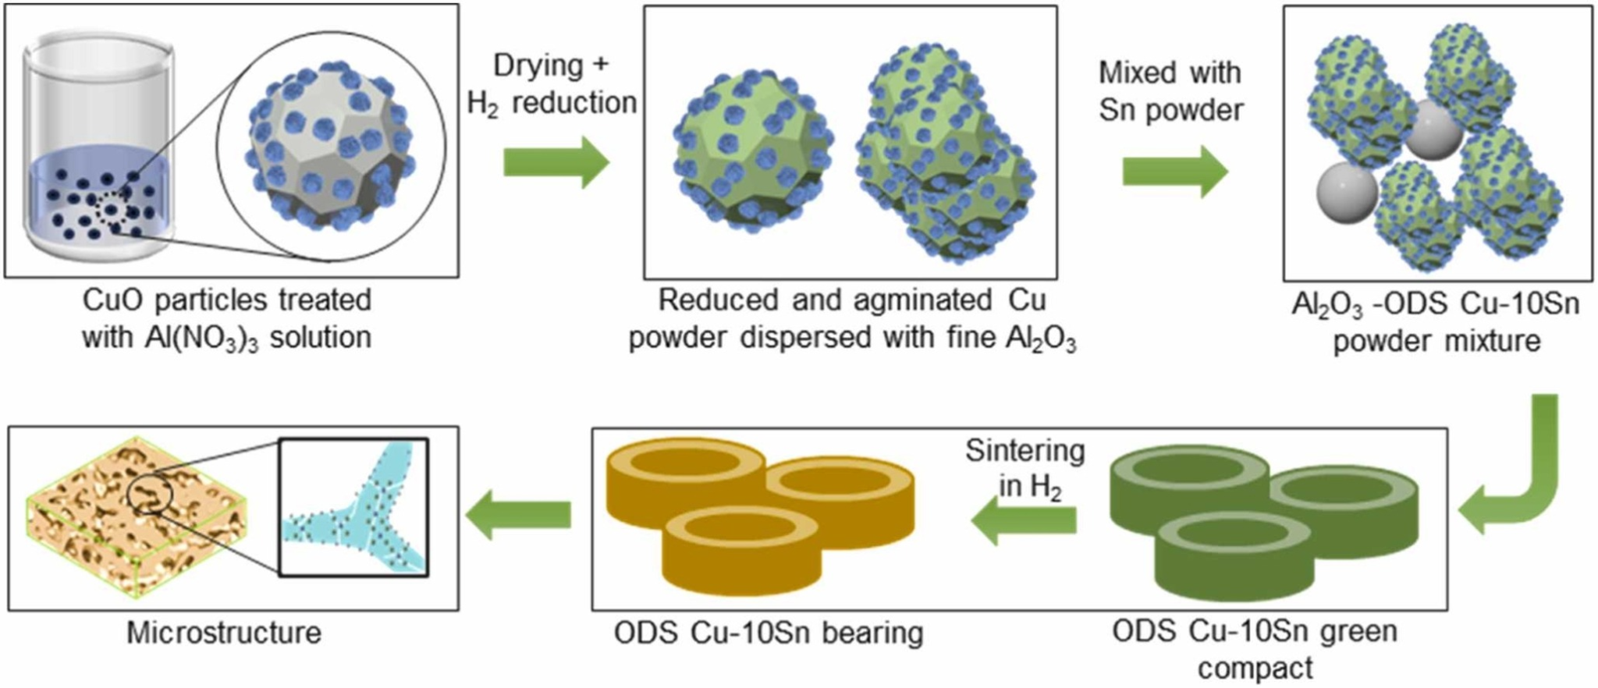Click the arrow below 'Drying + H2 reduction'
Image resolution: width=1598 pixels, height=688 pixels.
click(556, 163)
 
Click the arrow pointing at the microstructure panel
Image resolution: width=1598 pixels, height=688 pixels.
click(518, 514)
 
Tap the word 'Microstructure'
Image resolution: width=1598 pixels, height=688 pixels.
click(224, 633)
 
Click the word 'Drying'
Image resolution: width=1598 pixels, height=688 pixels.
click(538, 65)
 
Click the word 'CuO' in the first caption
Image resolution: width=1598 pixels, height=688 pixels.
click(110, 300)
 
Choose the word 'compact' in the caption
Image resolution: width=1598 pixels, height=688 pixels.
click(1255, 668)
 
